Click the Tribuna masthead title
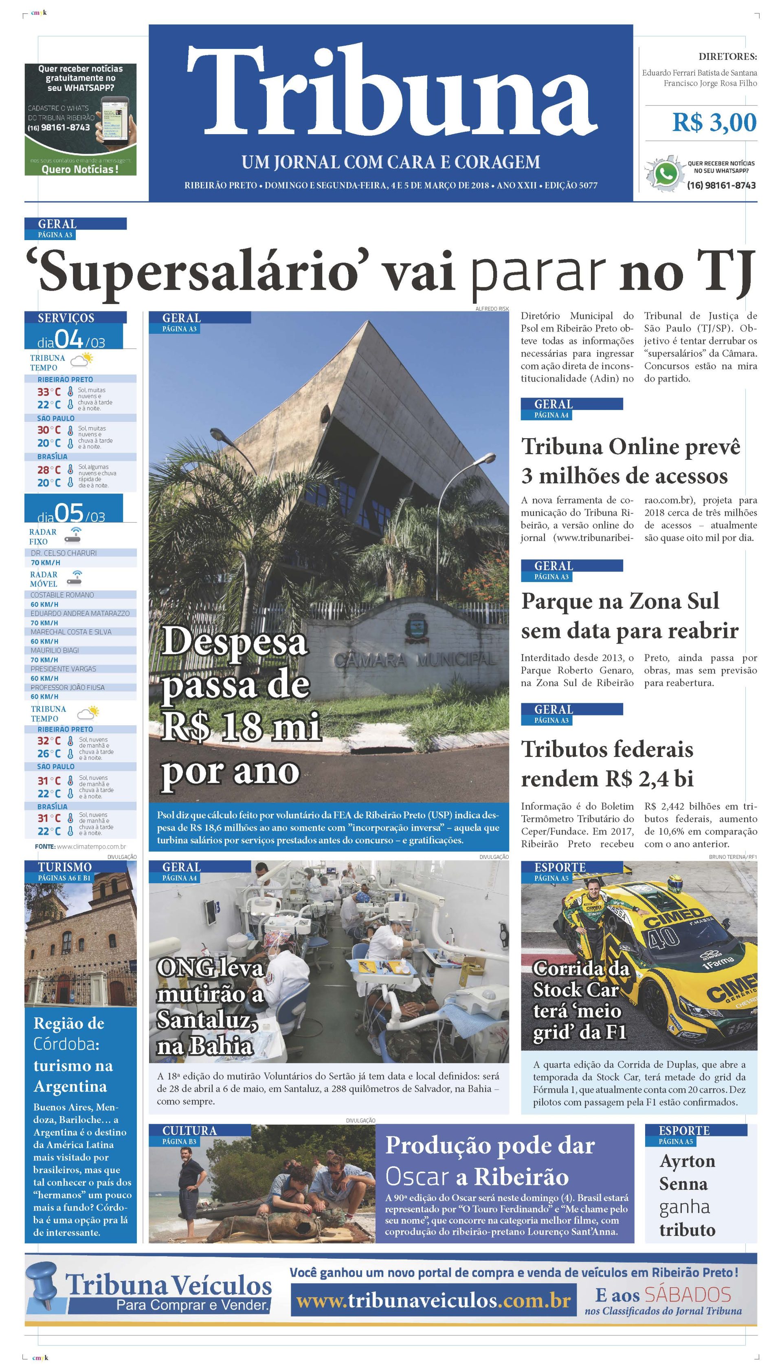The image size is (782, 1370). (x=391, y=91)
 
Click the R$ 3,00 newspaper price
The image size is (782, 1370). (x=714, y=123)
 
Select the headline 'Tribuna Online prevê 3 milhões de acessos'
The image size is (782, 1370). (x=630, y=461)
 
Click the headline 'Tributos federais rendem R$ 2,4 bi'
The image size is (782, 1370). (x=607, y=764)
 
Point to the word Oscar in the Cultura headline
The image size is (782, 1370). (x=417, y=1178)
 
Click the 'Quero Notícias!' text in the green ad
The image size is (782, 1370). (x=80, y=169)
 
